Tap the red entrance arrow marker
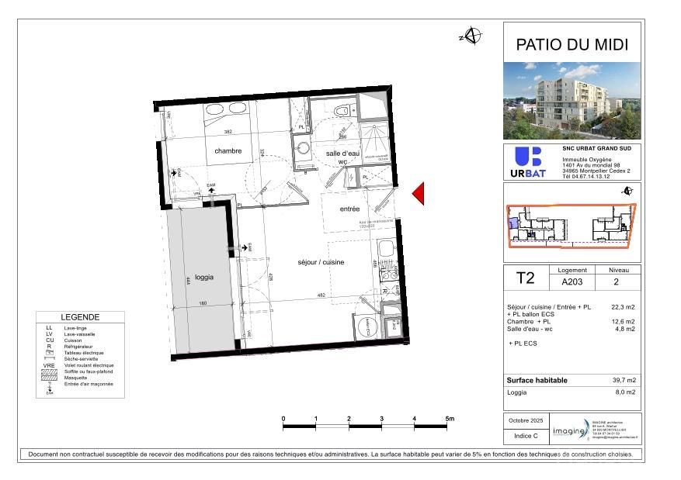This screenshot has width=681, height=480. tap(418, 194)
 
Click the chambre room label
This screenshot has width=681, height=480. tap(228, 151)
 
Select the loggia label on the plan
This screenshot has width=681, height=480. tap(204, 277)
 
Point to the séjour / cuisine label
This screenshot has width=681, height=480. tap(321, 262)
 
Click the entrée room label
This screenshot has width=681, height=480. tap(349, 209)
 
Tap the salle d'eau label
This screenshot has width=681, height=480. tap(342, 154)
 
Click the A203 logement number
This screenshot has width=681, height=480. tap(572, 283)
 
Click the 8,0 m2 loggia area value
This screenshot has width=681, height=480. tap(626, 393)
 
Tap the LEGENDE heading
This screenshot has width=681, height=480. tap(80, 317)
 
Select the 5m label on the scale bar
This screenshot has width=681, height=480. tap(449, 419)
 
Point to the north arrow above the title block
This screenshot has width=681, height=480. tap(473, 36)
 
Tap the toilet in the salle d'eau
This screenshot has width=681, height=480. tap(341, 112)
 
